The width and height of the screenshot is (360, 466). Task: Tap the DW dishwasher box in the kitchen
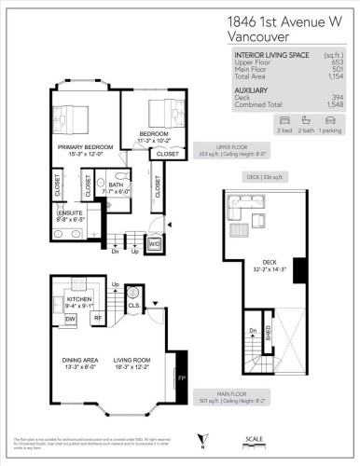click(x=70, y=318)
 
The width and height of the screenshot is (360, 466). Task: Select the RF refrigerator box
click(x=97, y=318)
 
